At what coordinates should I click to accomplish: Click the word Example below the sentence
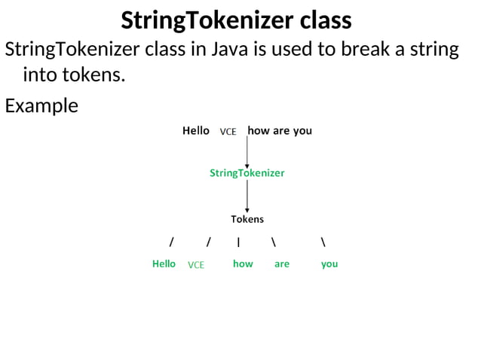pos(41,105)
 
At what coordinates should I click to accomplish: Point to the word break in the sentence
pos(357,50)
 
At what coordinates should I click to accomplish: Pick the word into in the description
pos(42,75)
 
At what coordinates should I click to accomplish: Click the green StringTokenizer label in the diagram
pos(247,173)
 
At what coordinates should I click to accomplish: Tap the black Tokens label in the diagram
pos(247,219)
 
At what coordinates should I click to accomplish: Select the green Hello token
pos(164,264)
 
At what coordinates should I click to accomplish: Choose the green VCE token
pos(196,265)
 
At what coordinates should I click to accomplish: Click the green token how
pos(243,264)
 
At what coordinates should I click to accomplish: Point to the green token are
pos(282,264)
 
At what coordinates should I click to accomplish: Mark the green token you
pos(329,264)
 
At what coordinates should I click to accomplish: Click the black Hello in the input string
pos(196,130)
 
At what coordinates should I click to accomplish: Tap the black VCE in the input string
pos(228,132)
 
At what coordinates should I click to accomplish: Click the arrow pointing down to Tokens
pos(247,197)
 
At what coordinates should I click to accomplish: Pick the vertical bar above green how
pos(238,242)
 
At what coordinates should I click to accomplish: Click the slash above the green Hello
pos(172,242)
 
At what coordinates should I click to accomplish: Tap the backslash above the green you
pos(323,242)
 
